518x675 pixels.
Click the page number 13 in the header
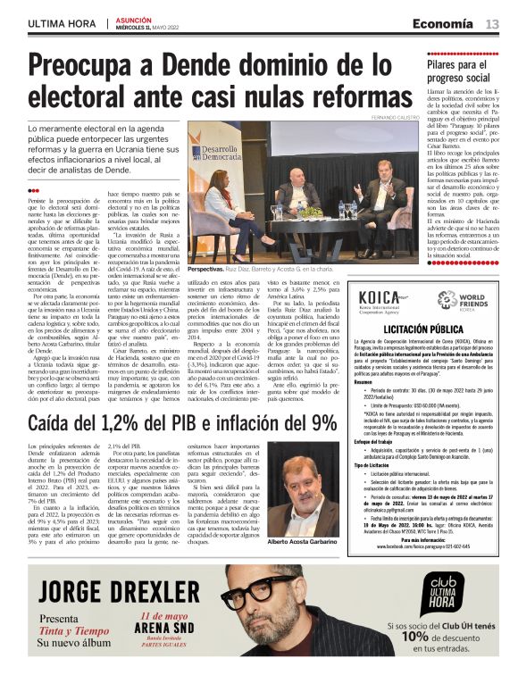click(492, 23)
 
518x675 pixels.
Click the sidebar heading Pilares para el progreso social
click(462, 71)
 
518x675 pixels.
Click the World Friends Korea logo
click(461, 299)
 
